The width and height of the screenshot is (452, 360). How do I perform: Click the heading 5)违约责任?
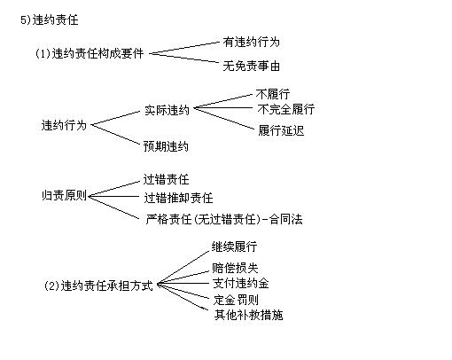pyautogui.click(x=50, y=20)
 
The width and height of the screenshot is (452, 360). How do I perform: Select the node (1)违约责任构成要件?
pyautogui.click(x=90, y=54)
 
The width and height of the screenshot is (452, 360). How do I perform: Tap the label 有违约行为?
pyautogui.click(x=251, y=42)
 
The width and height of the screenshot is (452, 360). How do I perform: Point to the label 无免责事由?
pyautogui.click(x=251, y=66)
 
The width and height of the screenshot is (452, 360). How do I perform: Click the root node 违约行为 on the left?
pyautogui.click(x=64, y=125)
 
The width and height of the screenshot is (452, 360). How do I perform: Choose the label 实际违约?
pyautogui.click(x=167, y=110)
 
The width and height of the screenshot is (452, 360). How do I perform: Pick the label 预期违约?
pyautogui.click(x=166, y=146)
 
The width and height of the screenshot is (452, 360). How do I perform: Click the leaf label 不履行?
pyautogui.click(x=273, y=94)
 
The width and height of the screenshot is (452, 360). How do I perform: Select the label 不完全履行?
pyautogui.click(x=286, y=109)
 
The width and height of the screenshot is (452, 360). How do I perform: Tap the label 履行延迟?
pyautogui.click(x=281, y=130)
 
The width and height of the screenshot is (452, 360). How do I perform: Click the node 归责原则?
pyautogui.click(x=64, y=195)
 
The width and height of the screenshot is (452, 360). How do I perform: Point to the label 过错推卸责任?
pyautogui.click(x=178, y=198)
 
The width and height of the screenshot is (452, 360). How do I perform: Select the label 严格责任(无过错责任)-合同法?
pyautogui.click(x=224, y=219)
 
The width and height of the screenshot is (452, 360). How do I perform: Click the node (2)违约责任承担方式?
pyautogui.click(x=98, y=286)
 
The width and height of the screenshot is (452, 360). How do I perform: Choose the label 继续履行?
pyautogui.click(x=234, y=247)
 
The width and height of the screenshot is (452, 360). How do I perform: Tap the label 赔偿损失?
pyautogui.click(x=235, y=268)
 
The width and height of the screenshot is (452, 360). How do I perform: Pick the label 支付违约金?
pyautogui.click(x=241, y=283)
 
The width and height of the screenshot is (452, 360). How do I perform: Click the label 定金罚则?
pyautogui.click(x=236, y=300)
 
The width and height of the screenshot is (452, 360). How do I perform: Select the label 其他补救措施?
pyautogui.click(x=249, y=315)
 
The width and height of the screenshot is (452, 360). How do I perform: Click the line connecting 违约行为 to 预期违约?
pyautogui.click(x=115, y=135)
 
